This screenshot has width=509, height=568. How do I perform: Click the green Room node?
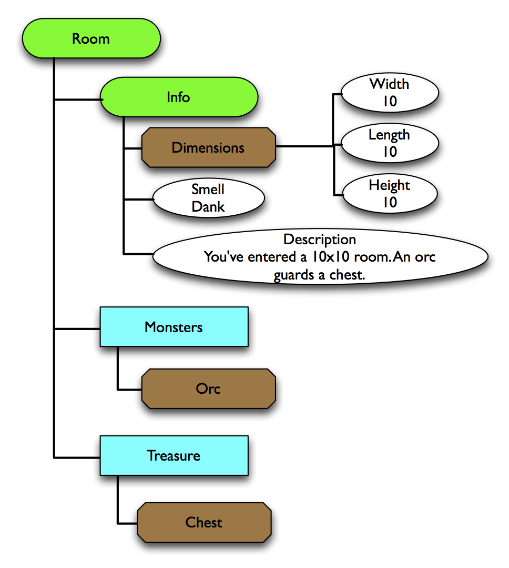click(91, 39)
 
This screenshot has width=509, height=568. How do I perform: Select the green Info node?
click(178, 97)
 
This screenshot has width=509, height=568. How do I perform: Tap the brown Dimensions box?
click(208, 147)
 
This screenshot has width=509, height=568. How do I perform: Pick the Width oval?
click(389, 93)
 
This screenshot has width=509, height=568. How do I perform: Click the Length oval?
click(389, 143)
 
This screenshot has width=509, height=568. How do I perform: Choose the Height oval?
click(389, 194)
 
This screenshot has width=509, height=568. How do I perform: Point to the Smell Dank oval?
click(208, 198)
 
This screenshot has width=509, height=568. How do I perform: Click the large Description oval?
click(320, 257)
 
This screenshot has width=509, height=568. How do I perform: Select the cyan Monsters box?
click(174, 327)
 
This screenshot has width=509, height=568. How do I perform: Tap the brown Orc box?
click(208, 389)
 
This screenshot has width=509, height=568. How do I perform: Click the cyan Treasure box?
click(174, 455)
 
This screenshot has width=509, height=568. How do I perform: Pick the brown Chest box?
click(204, 522)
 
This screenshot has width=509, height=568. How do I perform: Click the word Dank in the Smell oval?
click(208, 207)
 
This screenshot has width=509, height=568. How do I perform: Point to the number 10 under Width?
click(389, 102)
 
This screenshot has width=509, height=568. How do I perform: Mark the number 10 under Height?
click(389, 203)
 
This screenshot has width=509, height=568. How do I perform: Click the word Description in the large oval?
click(320, 240)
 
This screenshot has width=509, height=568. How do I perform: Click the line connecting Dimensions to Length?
click(305, 146)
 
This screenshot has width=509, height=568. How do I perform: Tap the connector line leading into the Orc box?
click(129, 390)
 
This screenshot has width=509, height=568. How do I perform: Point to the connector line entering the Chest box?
click(127, 523)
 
